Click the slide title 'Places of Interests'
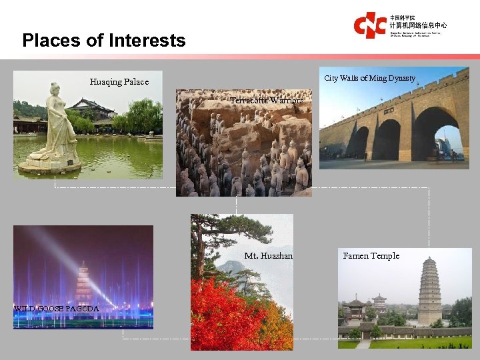(x=104, y=41)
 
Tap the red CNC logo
(x=369, y=25)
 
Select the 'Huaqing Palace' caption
(x=119, y=82)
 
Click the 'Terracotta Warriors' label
(x=267, y=101)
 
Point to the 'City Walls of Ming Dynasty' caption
(x=369, y=79)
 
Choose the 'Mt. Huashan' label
(x=268, y=256)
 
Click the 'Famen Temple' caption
(x=371, y=256)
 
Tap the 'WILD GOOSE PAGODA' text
(x=57, y=309)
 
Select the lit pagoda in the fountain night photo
(x=84, y=283)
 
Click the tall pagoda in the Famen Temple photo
(x=430, y=289)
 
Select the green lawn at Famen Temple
(x=413, y=343)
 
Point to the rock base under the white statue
(x=50, y=165)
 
